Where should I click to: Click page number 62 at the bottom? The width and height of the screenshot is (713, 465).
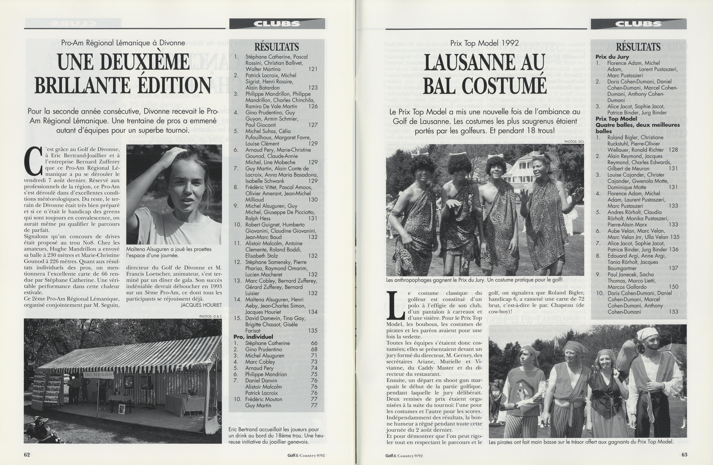point(27,454)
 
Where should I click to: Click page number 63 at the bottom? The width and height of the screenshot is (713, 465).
point(684,454)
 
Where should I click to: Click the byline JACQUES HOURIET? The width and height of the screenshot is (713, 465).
point(201,305)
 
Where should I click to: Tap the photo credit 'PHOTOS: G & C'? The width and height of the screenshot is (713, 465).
point(211,316)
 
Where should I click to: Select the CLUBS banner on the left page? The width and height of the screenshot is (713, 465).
point(277,24)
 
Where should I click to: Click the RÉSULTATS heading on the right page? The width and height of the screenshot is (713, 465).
point(638,47)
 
